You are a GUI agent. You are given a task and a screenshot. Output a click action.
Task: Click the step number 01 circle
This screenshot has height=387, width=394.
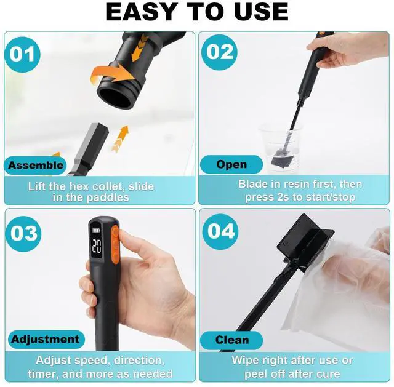[x=23, y=54]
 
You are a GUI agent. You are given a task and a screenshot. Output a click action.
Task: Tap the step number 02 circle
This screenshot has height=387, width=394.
[x=220, y=52]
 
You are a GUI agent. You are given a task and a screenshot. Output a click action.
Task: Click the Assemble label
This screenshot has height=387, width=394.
[x=36, y=166]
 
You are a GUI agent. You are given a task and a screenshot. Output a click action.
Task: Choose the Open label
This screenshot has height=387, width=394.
[x=231, y=164]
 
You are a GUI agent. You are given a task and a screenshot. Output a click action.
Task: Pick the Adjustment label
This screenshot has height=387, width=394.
[x=44, y=339]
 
